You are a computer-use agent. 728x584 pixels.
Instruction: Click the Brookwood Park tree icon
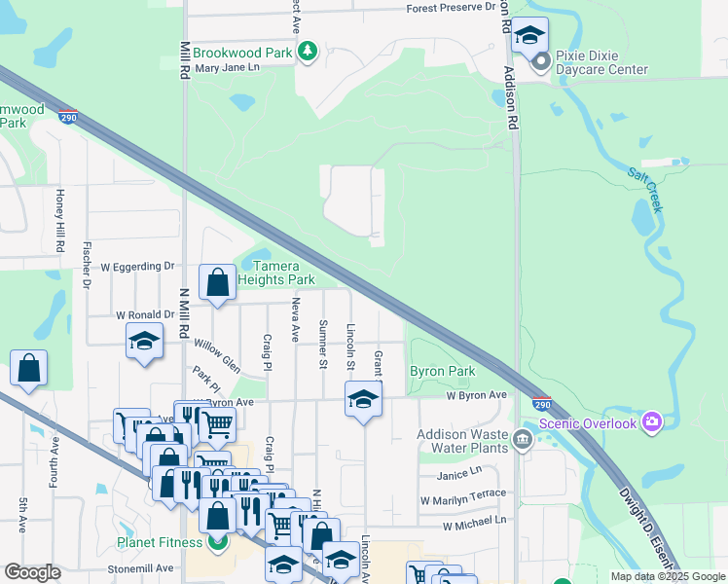click(x=308, y=51)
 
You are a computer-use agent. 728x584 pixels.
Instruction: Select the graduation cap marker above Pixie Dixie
click(x=529, y=38)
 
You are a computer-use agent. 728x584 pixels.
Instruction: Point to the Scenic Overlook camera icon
click(x=651, y=422)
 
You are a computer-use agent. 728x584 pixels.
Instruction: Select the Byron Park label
click(x=442, y=372)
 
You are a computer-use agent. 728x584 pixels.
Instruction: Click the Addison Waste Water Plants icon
click(x=523, y=441)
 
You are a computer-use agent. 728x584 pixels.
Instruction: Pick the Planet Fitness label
click(x=163, y=542)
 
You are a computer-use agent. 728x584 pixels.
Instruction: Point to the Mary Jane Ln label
click(x=228, y=68)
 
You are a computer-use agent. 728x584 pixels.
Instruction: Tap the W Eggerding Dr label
click(x=136, y=266)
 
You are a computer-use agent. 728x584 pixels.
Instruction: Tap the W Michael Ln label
click(x=474, y=524)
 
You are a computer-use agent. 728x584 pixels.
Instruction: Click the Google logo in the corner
click(x=32, y=572)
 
